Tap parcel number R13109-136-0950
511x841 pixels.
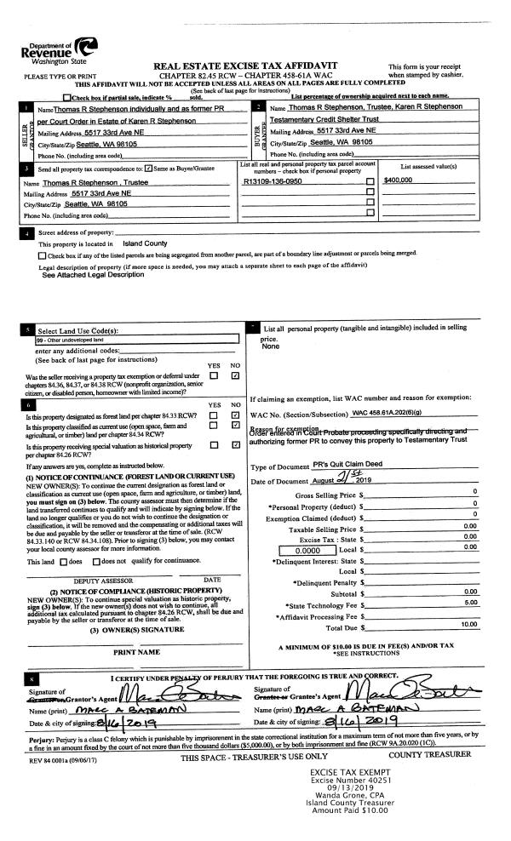click(x=272, y=180)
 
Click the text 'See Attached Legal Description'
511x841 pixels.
click(x=93, y=275)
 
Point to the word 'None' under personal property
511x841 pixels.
click(x=272, y=346)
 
